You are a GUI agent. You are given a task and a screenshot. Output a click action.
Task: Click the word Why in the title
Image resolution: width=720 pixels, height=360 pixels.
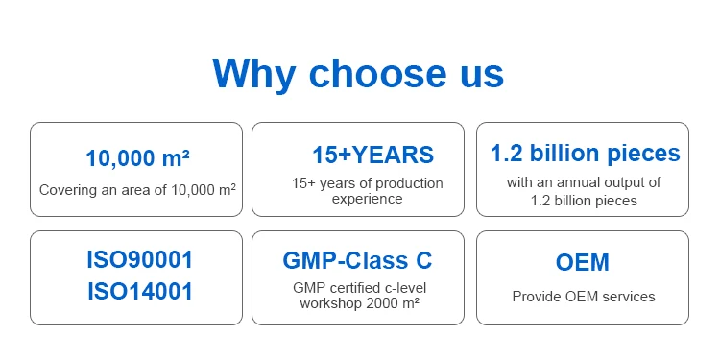(253, 75)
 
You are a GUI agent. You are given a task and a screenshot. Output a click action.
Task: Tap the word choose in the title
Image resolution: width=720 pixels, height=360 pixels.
(377, 74)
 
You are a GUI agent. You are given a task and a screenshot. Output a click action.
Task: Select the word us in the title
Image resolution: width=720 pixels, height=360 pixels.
(482, 77)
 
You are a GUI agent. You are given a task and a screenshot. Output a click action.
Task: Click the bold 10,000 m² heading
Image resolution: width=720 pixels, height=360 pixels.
(137, 158)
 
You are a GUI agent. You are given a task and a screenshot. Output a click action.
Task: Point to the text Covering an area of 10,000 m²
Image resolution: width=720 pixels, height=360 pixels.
(137, 190)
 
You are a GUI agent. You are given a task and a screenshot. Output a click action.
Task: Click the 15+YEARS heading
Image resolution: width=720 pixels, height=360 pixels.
(372, 155)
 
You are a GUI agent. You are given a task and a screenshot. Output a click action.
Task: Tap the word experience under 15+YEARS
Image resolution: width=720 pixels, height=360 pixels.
(367, 199)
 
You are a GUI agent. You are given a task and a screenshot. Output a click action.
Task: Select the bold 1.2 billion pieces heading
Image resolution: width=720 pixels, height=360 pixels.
(585, 154)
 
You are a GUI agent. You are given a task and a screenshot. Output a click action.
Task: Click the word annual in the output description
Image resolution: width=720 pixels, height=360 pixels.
(583, 182)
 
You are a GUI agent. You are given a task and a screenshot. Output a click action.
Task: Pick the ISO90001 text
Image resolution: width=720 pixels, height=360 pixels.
(139, 260)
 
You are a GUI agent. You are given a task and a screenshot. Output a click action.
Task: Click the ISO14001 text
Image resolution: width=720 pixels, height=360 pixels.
(139, 292)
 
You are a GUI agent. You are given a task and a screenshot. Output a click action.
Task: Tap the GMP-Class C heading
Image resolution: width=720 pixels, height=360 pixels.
(357, 260)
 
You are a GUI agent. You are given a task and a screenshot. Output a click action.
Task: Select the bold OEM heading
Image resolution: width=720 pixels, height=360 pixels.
(583, 262)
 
